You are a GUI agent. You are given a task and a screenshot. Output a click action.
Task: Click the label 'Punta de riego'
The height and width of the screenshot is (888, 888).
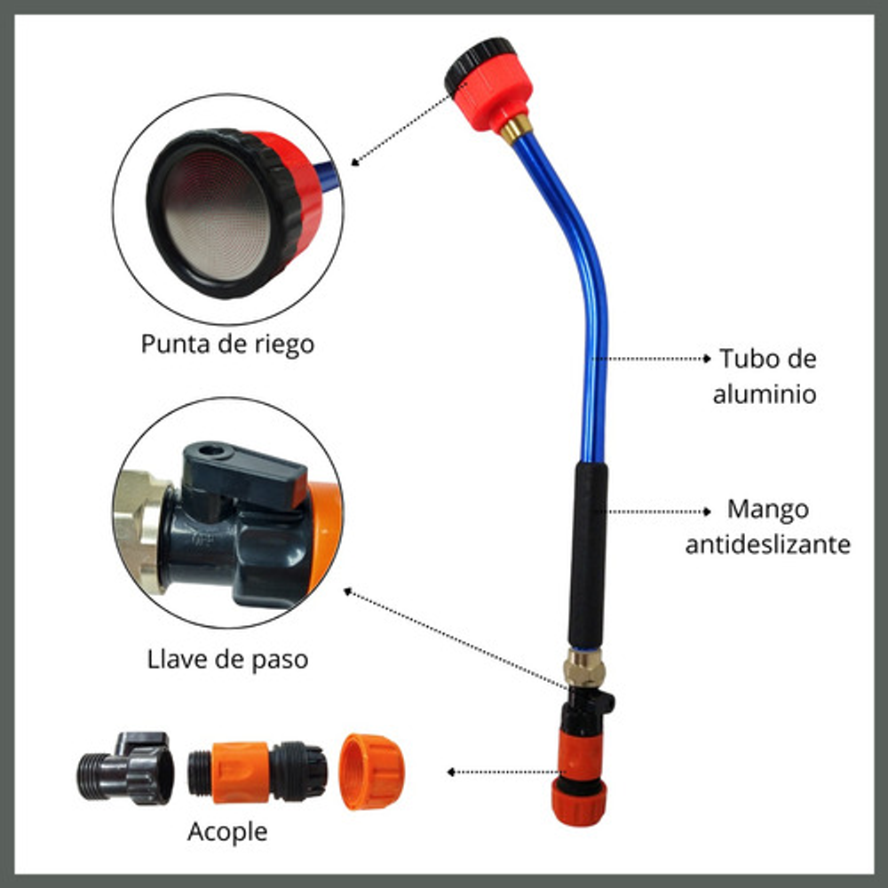(x=227, y=345)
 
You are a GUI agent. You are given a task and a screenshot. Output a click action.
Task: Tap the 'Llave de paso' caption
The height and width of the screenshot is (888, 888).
(x=227, y=659)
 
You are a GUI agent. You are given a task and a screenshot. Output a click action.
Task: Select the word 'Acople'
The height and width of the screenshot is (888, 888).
(x=227, y=832)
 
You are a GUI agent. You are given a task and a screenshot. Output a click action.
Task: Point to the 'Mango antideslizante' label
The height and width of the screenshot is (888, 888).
(x=768, y=527)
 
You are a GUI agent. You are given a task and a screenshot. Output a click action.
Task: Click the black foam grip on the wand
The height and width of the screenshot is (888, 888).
(x=588, y=556)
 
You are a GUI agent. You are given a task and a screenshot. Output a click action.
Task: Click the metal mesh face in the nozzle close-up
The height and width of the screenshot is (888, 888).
(x=217, y=216)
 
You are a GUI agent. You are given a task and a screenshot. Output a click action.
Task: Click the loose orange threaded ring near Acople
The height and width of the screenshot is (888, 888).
(x=372, y=772)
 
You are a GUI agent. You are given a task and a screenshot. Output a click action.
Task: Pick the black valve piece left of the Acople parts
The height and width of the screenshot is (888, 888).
(x=126, y=768)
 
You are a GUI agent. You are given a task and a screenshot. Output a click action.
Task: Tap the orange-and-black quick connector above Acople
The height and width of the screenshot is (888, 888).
(x=258, y=773)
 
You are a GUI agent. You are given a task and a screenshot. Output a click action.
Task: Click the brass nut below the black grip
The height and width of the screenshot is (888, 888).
(x=585, y=669)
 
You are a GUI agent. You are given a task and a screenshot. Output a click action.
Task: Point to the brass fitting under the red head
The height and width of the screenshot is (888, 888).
(x=515, y=129)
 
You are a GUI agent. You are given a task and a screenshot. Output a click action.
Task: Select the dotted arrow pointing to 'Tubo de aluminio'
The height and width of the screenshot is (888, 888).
(x=651, y=359)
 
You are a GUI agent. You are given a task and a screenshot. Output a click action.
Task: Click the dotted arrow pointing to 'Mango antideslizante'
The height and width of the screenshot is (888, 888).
(x=658, y=511)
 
